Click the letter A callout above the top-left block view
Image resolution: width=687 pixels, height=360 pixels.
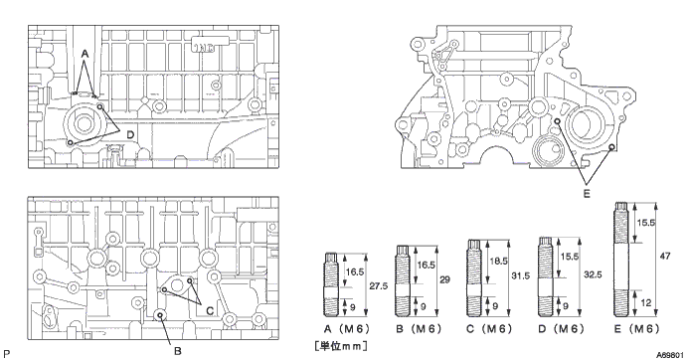[85, 54]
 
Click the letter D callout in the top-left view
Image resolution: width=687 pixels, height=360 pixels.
[130, 134]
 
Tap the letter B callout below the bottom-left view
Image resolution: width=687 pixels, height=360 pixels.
[177, 351]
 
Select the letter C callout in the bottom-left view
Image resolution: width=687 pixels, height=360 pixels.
[210, 310]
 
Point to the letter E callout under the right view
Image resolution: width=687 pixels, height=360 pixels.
[587, 193]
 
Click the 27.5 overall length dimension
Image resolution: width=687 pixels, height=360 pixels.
[378, 285]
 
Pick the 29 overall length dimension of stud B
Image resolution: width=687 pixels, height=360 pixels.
[444, 279]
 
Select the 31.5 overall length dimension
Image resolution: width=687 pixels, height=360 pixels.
[521, 275]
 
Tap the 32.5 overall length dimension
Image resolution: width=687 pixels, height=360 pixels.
[593, 274]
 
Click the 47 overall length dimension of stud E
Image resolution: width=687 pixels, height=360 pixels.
[665, 256]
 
